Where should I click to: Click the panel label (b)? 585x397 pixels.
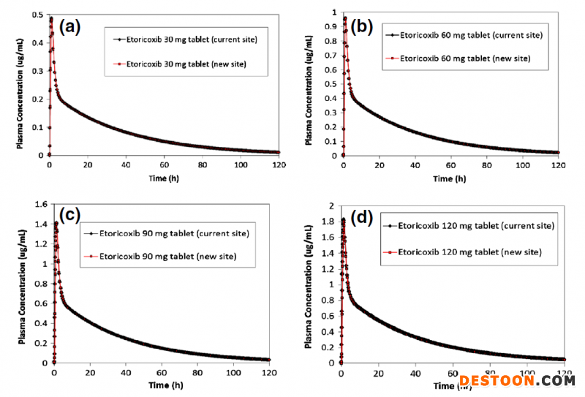pyautogui.click(x=363, y=28)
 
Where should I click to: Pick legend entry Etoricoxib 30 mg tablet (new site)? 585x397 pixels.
pyautogui.click(x=186, y=64)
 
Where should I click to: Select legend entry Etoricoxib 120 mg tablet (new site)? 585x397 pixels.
pyautogui.click(x=469, y=252)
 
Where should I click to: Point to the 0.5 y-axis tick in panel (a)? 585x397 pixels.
pyautogui.click(x=37, y=12)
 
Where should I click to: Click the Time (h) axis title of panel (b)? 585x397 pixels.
pyautogui.click(x=450, y=178)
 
